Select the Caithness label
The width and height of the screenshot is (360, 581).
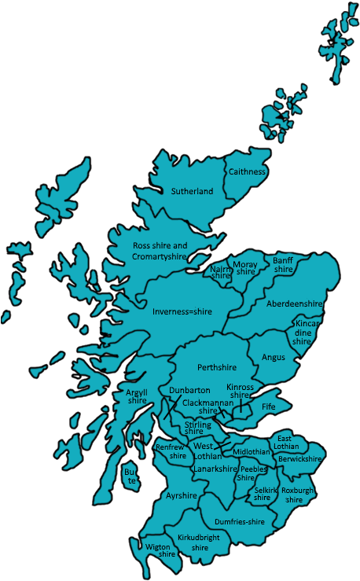coord(247,171)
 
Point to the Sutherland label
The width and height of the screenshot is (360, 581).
coord(192,191)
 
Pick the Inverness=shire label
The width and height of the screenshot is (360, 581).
coord(182,312)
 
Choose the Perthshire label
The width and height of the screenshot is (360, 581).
coord(217,367)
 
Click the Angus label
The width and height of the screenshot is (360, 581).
coord(274,357)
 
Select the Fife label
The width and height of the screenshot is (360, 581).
coord(268,407)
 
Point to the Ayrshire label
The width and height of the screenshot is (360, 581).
coord(182,496)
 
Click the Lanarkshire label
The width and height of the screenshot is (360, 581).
coord(215,469)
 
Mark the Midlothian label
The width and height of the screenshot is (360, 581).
coord(252,453)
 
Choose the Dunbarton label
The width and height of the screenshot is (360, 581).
coord(189,390)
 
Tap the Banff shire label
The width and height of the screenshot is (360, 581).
coord(283,264)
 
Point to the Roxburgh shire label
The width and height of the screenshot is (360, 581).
coord(297,495)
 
